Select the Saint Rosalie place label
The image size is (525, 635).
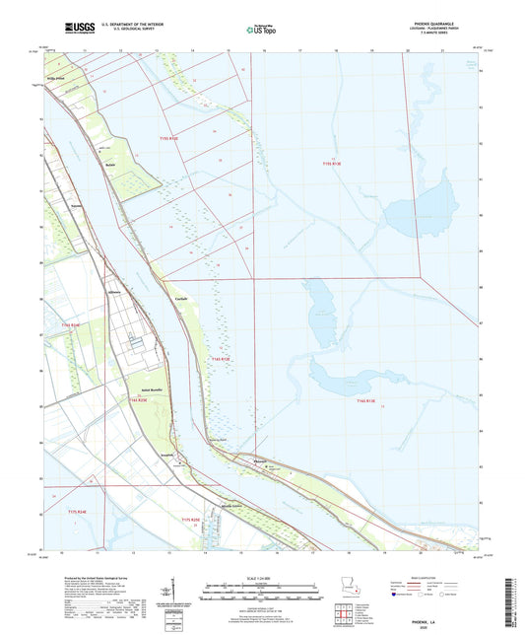(136, 390)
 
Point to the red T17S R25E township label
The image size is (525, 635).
(190, 519)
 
